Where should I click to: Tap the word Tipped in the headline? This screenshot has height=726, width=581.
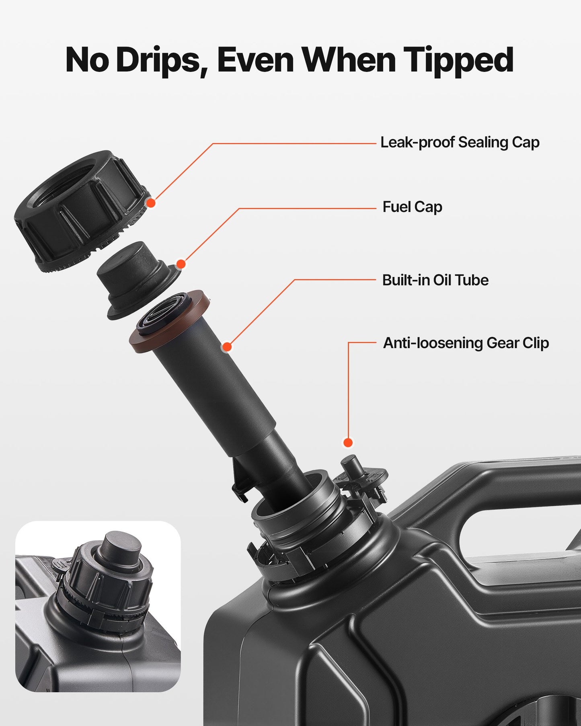tap(458, 60)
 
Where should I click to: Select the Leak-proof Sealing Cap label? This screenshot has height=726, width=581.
tap(460, 142)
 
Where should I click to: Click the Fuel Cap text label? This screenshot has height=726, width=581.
tap(412, 207)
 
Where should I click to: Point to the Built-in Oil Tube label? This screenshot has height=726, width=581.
tap(435, 280)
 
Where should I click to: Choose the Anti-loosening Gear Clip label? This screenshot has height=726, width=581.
tap(466, 343)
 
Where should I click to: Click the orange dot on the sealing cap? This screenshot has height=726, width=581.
tap(151, 203)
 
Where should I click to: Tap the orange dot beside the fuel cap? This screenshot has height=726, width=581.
tap(181, 264)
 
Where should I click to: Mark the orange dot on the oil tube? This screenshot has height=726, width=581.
tap(227, 347)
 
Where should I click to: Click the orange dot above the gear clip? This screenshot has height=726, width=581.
tap(348, 443)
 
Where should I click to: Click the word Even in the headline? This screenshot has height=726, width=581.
tap(255, 60)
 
